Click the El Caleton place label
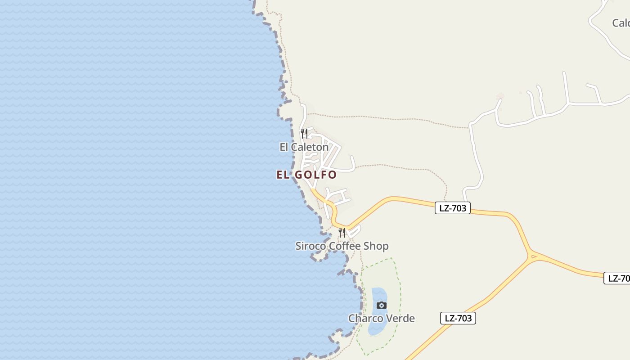pos(304,147)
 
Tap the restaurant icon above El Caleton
pos(304,133)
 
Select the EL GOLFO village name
pos(306,175)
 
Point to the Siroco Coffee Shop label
pos(342,246)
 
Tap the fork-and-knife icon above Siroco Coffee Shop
pos(342,232)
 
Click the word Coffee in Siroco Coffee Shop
pos(346,246)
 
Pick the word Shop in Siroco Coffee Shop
pos(377,246)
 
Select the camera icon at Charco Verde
pos(381,305)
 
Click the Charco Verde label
pos(382,319)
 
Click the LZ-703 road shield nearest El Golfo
pos(452,208)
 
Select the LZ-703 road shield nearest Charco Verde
pos(458,318)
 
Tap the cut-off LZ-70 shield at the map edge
pos(617,278)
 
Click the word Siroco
pos(310,246)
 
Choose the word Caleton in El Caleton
pos(310,147)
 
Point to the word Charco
pos(363,319)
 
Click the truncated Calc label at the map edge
pos(621,23)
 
